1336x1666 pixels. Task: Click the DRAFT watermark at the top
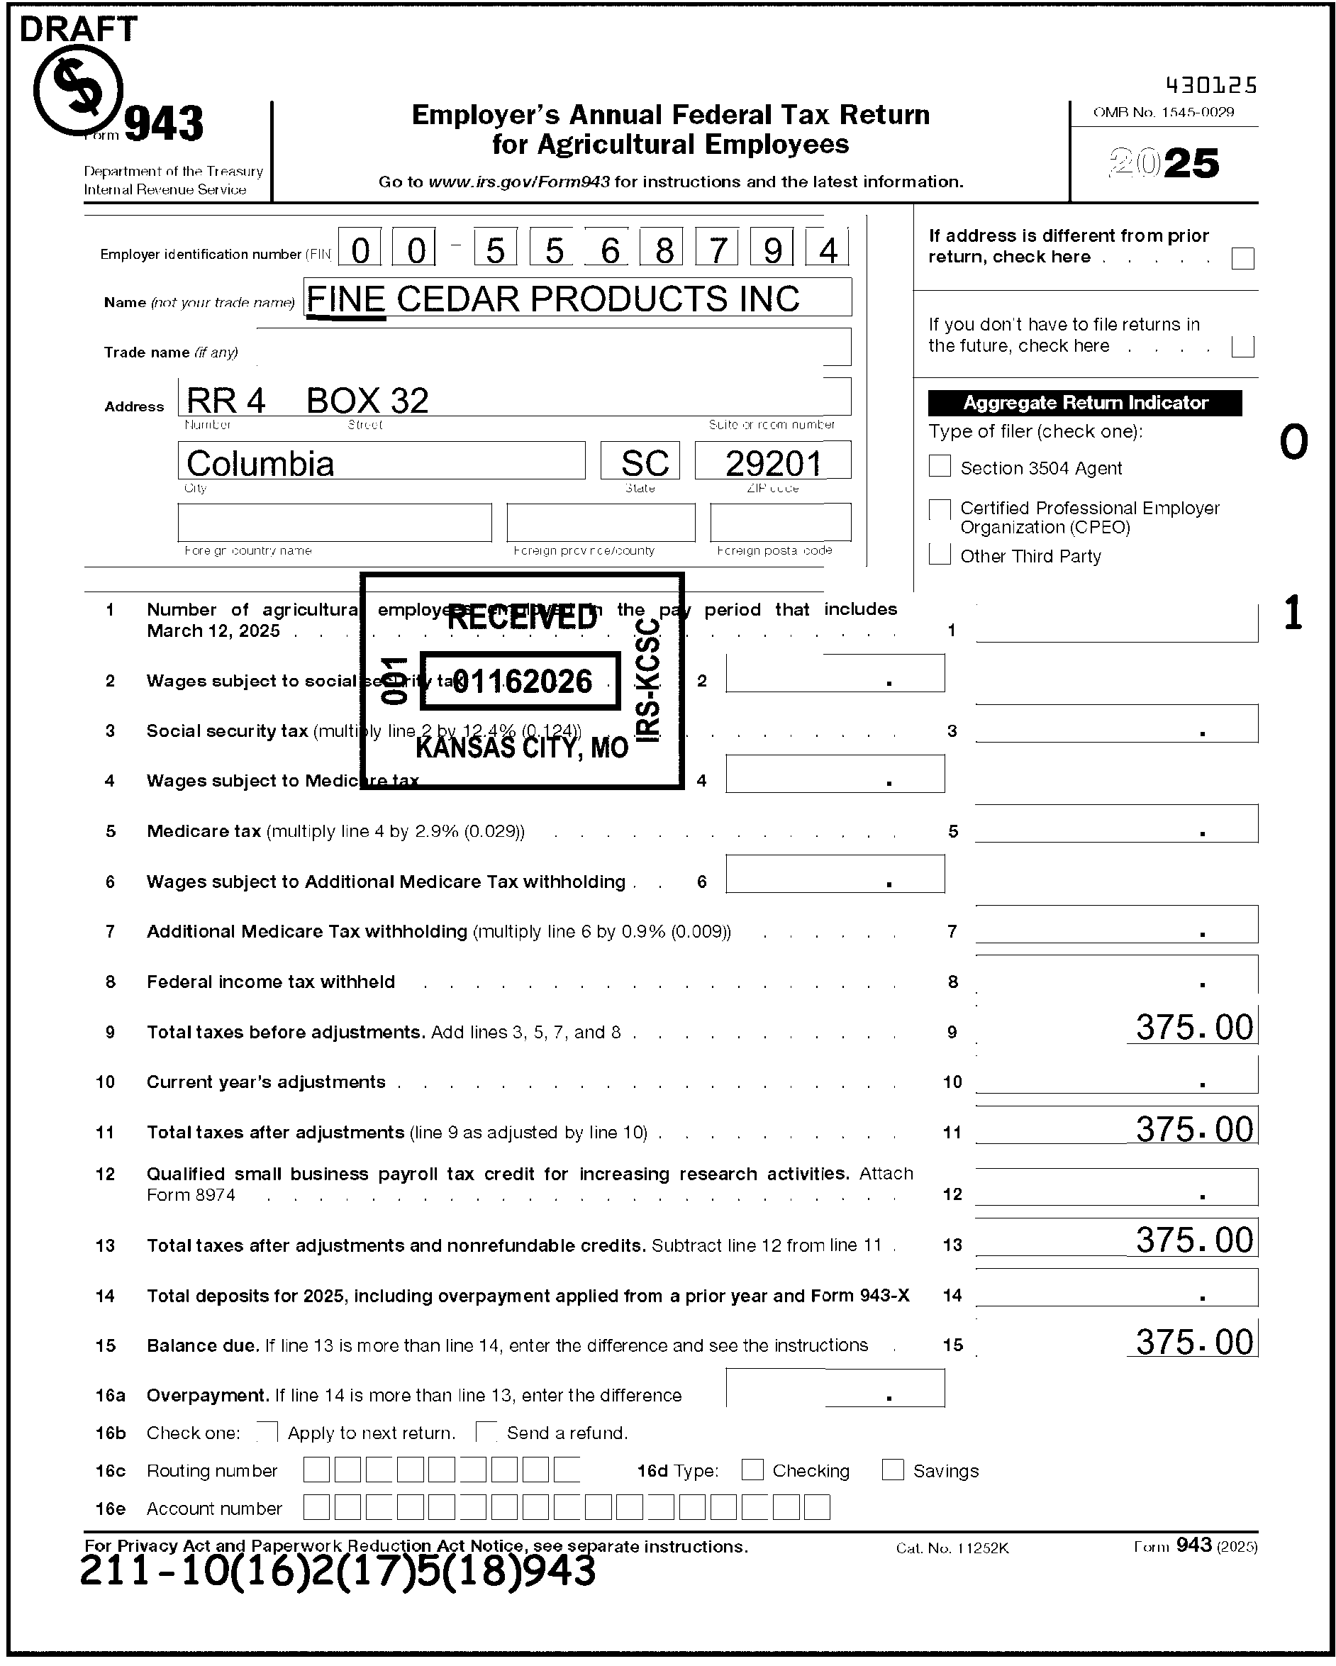tap(77, 29)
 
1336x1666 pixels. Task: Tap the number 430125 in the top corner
tap(1210, 85)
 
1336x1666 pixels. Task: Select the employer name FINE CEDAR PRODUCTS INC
tap(552, 299)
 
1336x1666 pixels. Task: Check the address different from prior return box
tap(1242, 259)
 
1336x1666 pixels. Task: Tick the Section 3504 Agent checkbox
tap(939, 466)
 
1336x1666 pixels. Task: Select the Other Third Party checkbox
tap(939, 555)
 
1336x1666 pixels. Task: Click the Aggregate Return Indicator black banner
tap(1084, 403)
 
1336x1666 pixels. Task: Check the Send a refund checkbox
tap(486, 1432)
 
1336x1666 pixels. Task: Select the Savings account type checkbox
tap(893, 1470)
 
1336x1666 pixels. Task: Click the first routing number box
tap(316, 1470)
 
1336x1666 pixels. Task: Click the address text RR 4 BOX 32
tap(307, 400)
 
